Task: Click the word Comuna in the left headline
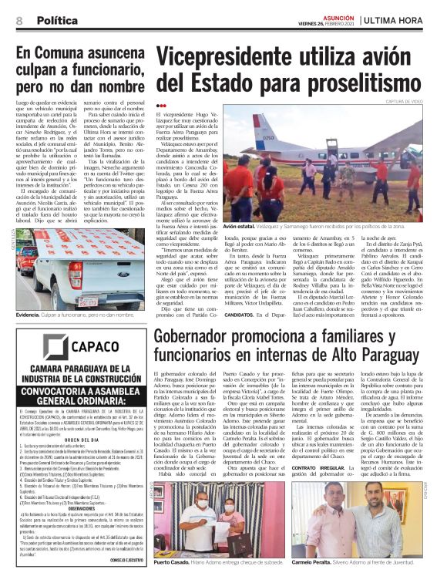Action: [72, 54]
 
